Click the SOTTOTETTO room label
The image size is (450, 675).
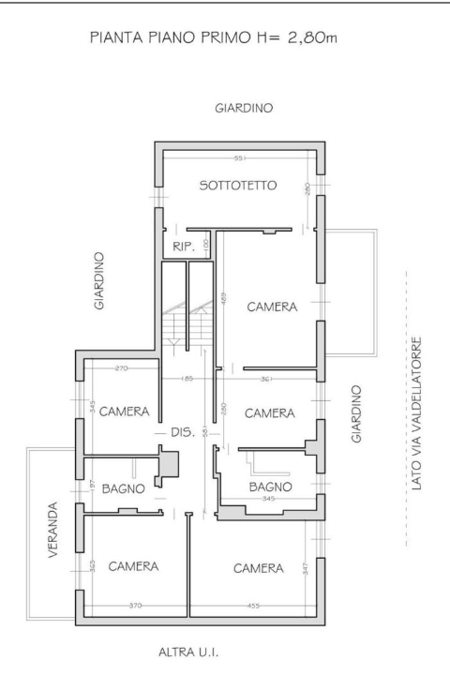(238, 186)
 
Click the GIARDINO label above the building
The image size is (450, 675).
(244, 109)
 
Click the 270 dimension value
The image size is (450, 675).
(122, 369)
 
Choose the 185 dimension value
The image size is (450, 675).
(187, 379)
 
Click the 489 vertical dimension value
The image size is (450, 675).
(224, 300)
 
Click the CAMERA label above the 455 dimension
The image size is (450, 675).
(259, 568)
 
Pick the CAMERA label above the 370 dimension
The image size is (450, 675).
(132, 567)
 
